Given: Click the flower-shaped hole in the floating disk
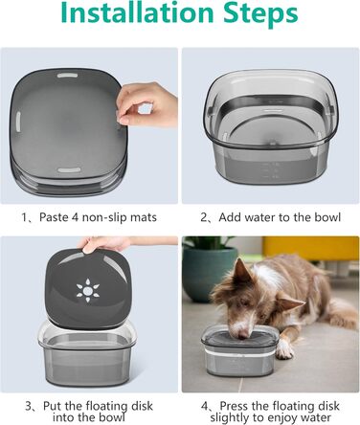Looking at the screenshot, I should pos(89,286).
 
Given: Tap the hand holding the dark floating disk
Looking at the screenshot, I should pos(105,243).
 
